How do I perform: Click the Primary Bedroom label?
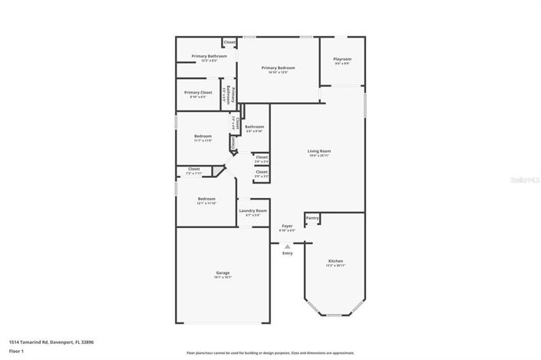pos(278,68)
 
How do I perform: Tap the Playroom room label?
pos(342,59)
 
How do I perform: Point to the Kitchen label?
pos(335,261)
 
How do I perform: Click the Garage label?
pos(223,272)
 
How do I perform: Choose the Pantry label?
pos(312,218)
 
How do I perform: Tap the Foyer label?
pos(287,226)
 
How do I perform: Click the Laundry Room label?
pos(252,210)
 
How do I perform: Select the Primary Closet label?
pos(198,92)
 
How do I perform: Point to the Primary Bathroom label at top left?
pos(209,56)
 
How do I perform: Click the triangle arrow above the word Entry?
pos(287,246)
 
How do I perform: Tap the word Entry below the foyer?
pos(287,253)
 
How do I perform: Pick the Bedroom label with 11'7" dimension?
pos(203,136)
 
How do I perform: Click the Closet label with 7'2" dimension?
pos(193,169)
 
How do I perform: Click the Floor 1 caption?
pos(16,351)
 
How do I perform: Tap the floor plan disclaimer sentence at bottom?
pos(270,353)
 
